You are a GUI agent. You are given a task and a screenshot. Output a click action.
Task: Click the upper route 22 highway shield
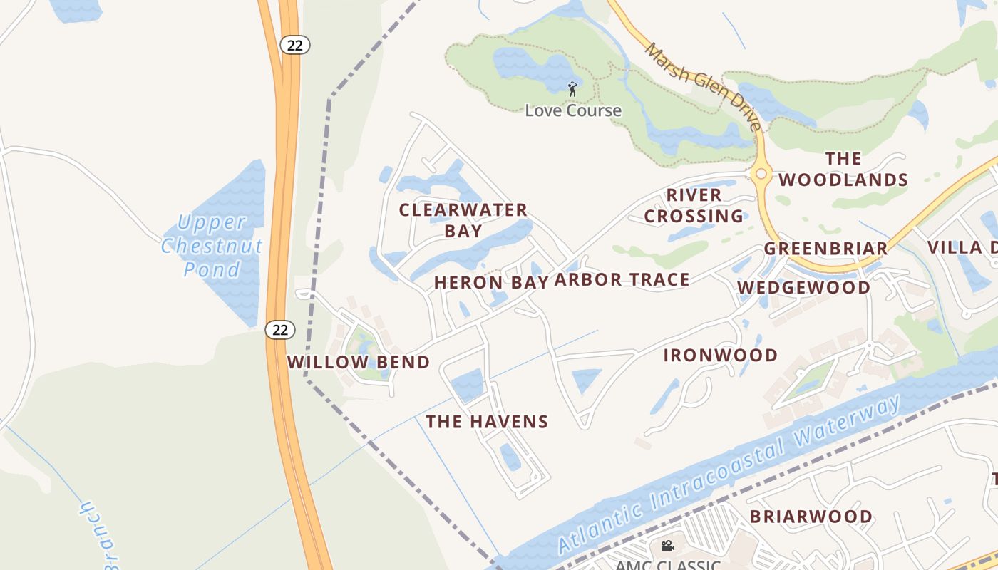click(294, 45)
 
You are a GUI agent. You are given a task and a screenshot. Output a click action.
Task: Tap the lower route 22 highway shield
click(280, 329)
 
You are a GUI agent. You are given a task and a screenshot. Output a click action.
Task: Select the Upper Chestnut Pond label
click(212, 246)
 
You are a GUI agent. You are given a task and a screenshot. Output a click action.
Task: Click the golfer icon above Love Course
click(572, 89)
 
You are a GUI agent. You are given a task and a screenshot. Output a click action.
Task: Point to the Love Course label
click(573, 110)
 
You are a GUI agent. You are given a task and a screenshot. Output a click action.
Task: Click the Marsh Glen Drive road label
click(703, 86)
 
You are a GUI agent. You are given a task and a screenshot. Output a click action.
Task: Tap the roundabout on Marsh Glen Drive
click(761, 173)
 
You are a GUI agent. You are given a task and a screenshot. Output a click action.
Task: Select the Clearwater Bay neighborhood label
click(463, 220)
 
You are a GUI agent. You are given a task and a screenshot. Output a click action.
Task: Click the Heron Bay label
click(491, 282)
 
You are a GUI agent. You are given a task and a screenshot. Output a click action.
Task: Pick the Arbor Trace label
click(622, 279)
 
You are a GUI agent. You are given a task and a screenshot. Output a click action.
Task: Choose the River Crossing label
click(694, 205)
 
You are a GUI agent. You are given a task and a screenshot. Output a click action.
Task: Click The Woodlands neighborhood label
click(843, 169)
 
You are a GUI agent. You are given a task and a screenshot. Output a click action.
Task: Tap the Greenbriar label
click(826, 248)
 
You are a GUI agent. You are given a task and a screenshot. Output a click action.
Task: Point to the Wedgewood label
click(803, 287)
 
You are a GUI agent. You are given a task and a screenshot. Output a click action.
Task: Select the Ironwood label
click(721, 355)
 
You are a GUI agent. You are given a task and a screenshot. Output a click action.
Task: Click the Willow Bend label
click(359, 362)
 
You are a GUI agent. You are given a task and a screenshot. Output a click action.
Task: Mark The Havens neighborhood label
click(487, 422)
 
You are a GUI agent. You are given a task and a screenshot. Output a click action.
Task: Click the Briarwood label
click(811, 516)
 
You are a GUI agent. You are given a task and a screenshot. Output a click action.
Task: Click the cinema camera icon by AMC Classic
click(667, 546)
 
